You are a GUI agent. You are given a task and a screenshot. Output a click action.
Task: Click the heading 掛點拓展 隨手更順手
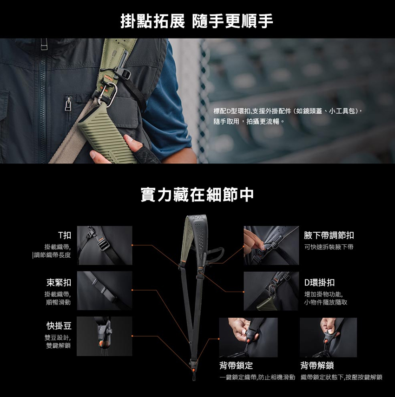coord(197,21)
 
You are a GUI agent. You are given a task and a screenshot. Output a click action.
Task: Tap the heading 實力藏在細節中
coord(197,195)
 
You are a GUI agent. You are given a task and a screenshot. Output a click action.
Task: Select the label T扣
coord(65,235)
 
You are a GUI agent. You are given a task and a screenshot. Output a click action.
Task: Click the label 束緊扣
coord(59,282)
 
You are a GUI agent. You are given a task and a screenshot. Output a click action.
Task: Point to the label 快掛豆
coord(59,326)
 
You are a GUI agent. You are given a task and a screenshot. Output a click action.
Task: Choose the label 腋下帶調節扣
coord(329,235)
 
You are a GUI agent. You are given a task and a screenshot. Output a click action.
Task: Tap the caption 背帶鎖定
coord(236,365)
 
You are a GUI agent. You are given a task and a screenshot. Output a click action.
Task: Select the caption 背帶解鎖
coord(317,365)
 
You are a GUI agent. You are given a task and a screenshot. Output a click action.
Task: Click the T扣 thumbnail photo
coord(105,245)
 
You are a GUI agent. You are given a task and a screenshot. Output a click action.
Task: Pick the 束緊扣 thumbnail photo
coord(105,291)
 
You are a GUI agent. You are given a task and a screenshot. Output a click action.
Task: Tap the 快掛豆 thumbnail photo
coord(105,336)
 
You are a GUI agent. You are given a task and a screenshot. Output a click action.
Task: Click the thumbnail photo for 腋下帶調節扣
coord(271,245)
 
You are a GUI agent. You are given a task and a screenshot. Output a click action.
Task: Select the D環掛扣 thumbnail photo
coord(271,291)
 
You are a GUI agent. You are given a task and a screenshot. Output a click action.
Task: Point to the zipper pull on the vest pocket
coord(68,104)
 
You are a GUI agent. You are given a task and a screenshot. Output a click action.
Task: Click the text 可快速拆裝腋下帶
coord(329,247)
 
